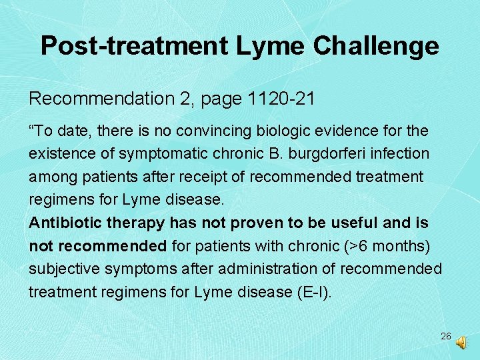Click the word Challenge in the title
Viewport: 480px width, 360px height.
tap(376, 46)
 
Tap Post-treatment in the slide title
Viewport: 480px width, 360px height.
tap(134, 46)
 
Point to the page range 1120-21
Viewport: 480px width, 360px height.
tap(281, 99)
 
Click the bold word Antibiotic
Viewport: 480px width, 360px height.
tap(65, 222)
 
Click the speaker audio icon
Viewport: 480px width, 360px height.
tap(461, 342)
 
